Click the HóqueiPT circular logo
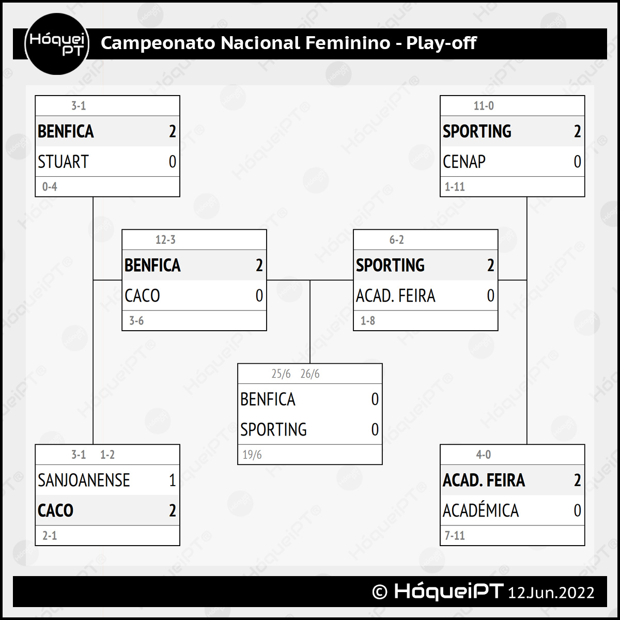point(57,44)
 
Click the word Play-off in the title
point(441,43)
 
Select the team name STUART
point(63,162)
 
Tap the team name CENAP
point(464,162)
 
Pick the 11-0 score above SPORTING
point(484,105)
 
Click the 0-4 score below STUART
point(50,187)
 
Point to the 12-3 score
point(165,240)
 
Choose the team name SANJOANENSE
point(84,480)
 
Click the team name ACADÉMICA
point(481,510)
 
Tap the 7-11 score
point(455,535)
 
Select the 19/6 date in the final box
point(252,455)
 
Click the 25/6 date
point(281,374)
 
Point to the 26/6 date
point(310,374)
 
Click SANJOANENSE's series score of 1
point(173,480)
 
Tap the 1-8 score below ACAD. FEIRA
point(368,321)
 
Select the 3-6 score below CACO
point(136,321)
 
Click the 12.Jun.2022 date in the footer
point(551,593)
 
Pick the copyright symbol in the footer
point(380,592)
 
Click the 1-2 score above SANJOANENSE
point(107,455)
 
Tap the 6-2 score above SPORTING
point(396,240)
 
